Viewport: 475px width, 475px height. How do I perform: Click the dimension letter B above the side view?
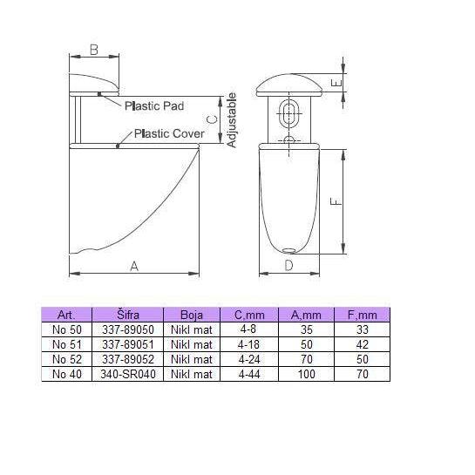[94, 50]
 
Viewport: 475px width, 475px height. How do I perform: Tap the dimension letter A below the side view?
[134, 267]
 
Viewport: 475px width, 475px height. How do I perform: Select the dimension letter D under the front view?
[289, 265]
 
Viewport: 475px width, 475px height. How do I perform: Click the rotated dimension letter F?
[336, 201]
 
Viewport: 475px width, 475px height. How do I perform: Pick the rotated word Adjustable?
[232, 120]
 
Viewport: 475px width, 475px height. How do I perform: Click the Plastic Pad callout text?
[154, 105]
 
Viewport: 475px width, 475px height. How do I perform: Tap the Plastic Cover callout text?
[169, 133]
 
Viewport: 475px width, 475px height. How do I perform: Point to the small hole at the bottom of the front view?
[289, 250]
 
